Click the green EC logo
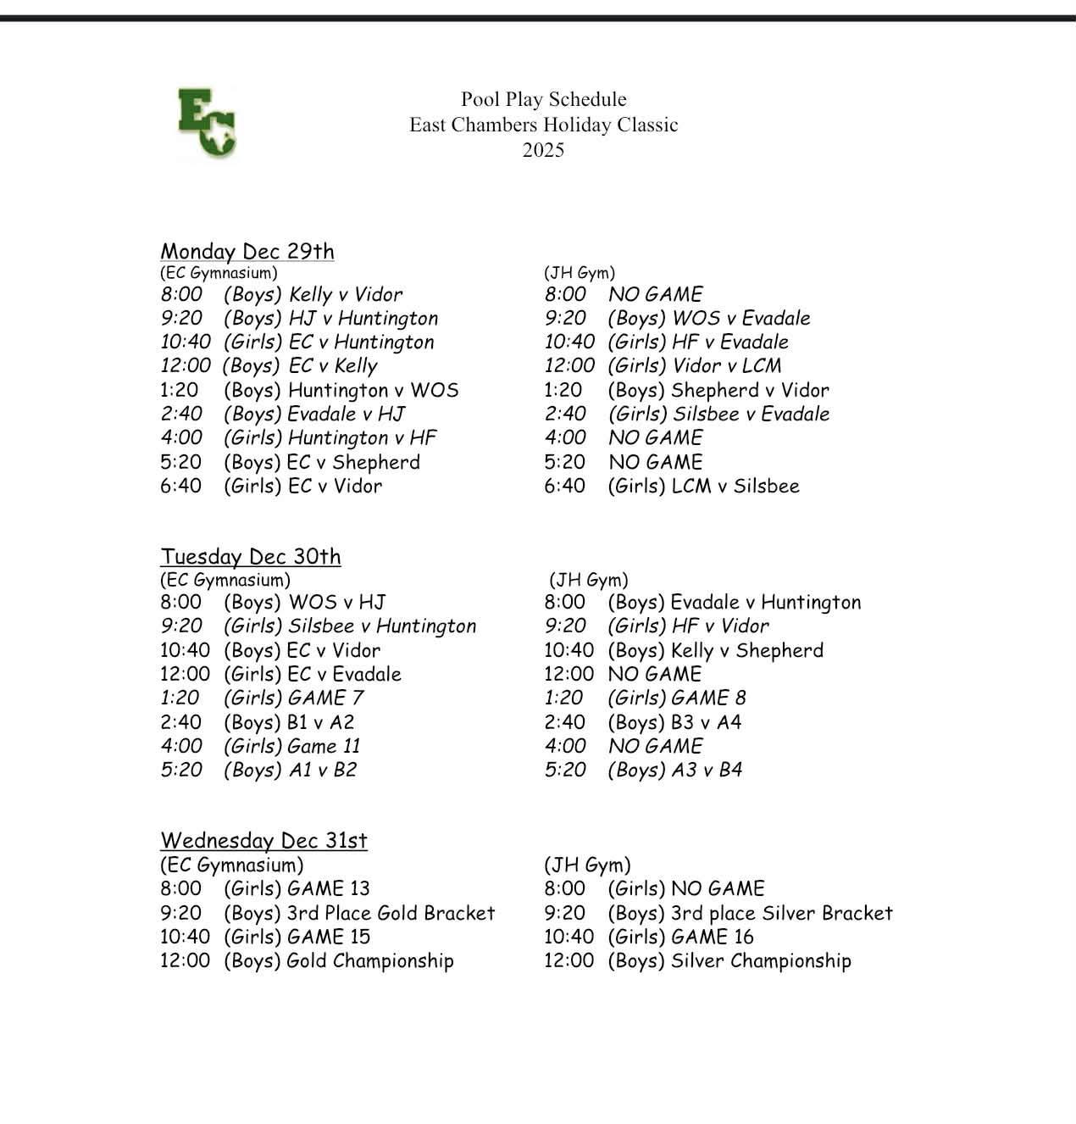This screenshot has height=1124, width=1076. [x=208, y=124]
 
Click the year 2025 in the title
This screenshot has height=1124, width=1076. [x=543, y=150]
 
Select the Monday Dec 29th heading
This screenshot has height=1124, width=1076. [x=247, y=252]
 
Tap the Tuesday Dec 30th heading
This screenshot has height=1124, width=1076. [x=251, y=557]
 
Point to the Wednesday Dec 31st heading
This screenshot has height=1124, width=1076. [x=263, y=841]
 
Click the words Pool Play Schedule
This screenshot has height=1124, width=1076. [x=543, y=99]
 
